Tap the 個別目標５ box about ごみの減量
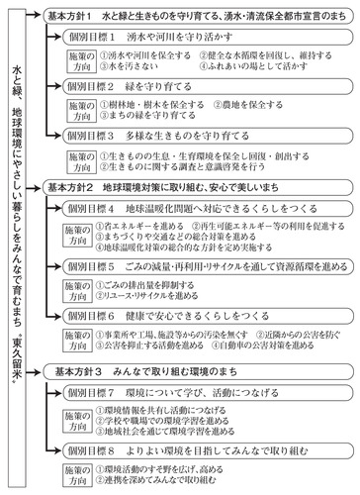point(208,267)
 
